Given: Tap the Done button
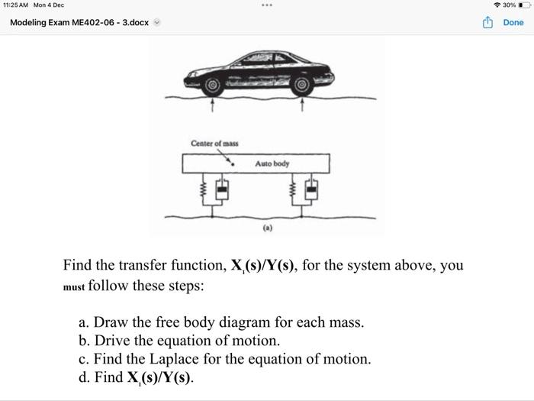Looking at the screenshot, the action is pos(513,22).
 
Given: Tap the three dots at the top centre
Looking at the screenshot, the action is pos(267,5).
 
